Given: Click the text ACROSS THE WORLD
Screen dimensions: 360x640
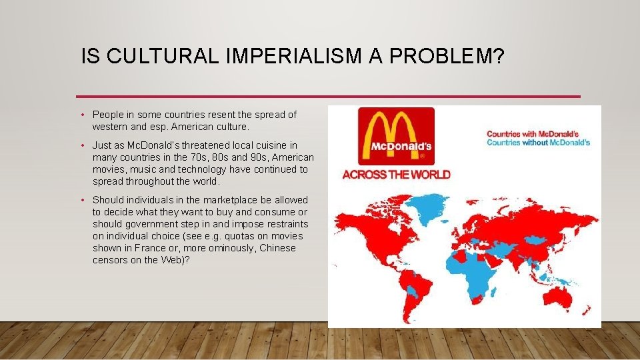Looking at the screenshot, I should tap(396, 175).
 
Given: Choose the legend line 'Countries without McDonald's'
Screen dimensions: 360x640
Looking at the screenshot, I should tap(538, 143).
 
